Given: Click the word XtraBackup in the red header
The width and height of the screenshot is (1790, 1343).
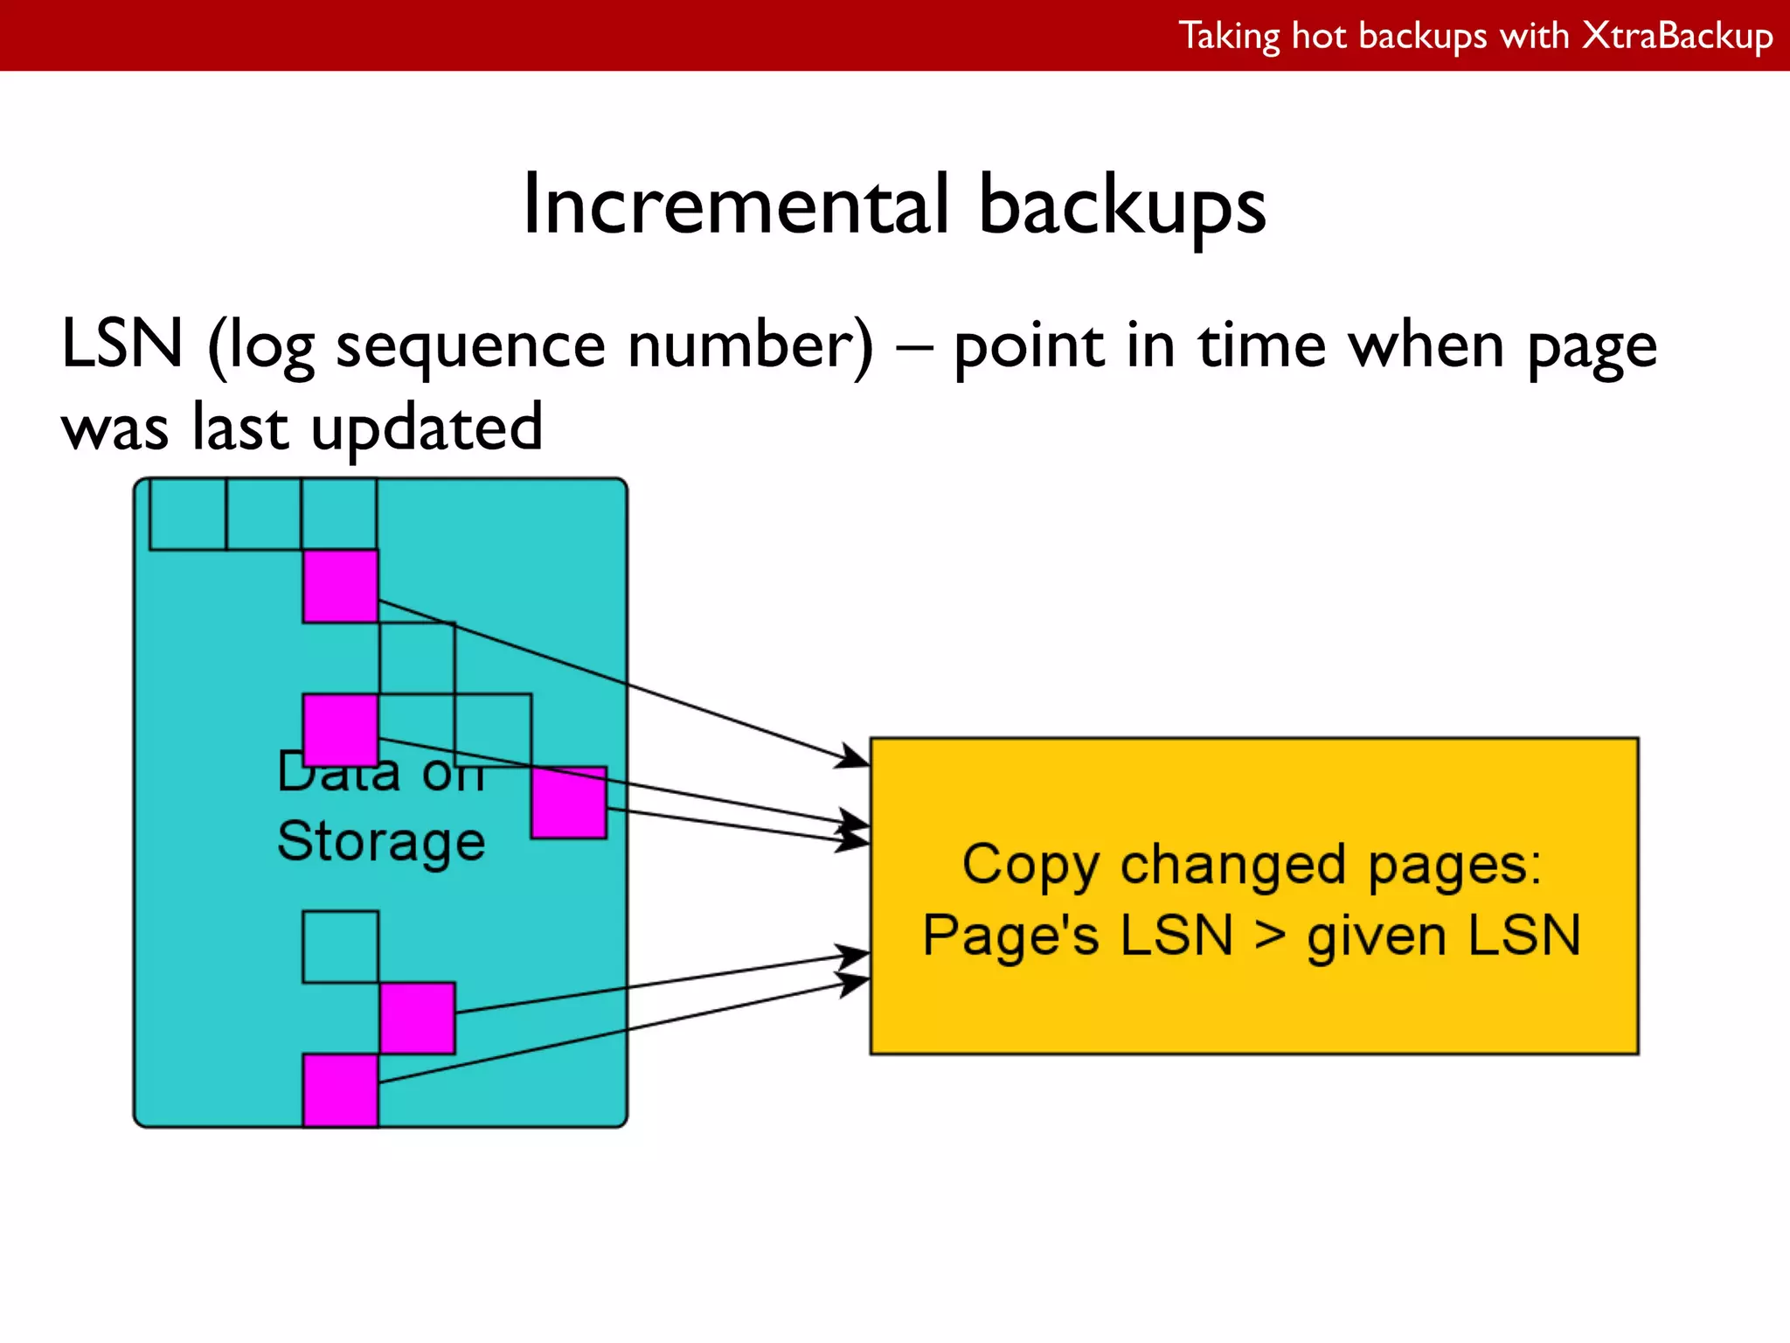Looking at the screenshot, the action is click(x=1677, y=37).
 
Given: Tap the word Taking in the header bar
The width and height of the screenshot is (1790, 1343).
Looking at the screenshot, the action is click(x=1229, y=37).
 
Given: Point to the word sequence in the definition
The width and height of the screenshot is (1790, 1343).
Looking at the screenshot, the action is click(x=470, y=345).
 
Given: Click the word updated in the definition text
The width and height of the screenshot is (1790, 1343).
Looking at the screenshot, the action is click(x=427, y=428).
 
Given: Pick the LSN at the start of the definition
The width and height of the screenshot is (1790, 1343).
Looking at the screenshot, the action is click(x=122, y=344).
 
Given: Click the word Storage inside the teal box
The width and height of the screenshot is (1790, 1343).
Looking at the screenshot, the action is click(x=381, y=841).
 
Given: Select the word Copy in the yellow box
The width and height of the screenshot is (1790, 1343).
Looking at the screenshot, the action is click(x=1030, y=866).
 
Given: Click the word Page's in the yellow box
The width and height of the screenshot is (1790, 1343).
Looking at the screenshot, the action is click(x=1010, y=936).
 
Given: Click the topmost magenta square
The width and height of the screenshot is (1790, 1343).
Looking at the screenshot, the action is click(x=340, y=586).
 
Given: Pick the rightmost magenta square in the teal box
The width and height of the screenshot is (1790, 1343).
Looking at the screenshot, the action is click(x=569, y=803).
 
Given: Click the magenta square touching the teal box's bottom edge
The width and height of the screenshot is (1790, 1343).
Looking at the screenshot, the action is click(x=340, y=1090).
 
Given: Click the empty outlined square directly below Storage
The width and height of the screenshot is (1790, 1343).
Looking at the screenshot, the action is click(x=340, y=947).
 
